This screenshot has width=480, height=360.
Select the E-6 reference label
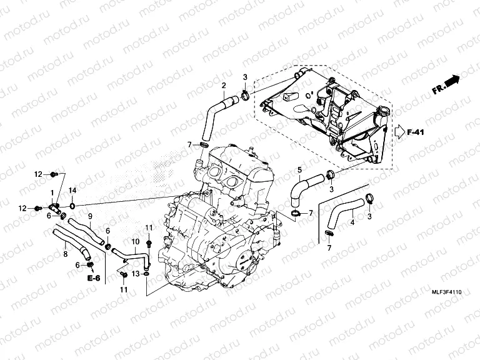(x=94, y=277)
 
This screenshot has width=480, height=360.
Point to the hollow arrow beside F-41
(x=399, y=132)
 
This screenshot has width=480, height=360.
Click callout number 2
(x=224, y=85)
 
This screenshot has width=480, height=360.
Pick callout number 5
(x=299, y=170)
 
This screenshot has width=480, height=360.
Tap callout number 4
(x=352, y=222)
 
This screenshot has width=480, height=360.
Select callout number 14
(x=72, y=190)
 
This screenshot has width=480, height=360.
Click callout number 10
(x=135, y=241)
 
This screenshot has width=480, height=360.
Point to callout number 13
(x=135, y=273)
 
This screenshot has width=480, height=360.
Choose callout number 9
(x=90, y=216)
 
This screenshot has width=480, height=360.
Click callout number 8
(x=64, y=254)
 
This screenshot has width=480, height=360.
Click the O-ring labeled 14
(x=73, y=204)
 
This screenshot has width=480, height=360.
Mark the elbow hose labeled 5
(x=302, y=186)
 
